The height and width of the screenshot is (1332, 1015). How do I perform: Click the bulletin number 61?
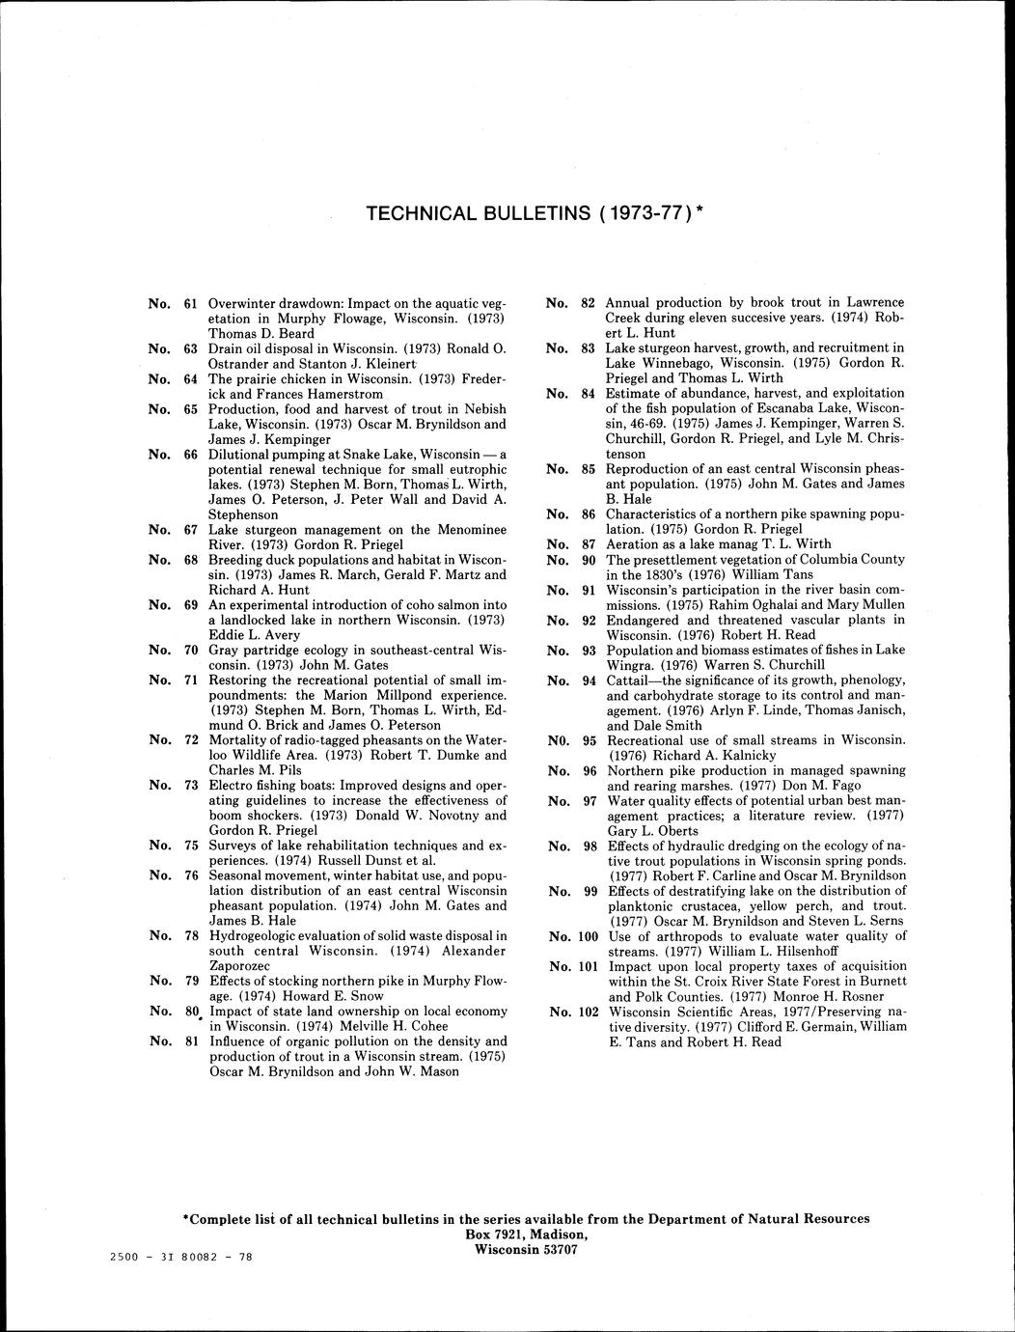pyautogui.click(x=191, y=303)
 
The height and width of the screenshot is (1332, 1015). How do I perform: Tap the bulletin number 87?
pyautogui.click(x=589, y=544)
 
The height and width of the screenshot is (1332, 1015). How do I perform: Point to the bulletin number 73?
pyautogui.click(x=191, y=785)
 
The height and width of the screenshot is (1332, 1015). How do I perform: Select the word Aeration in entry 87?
pyautogui.click(x=633, y=544)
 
